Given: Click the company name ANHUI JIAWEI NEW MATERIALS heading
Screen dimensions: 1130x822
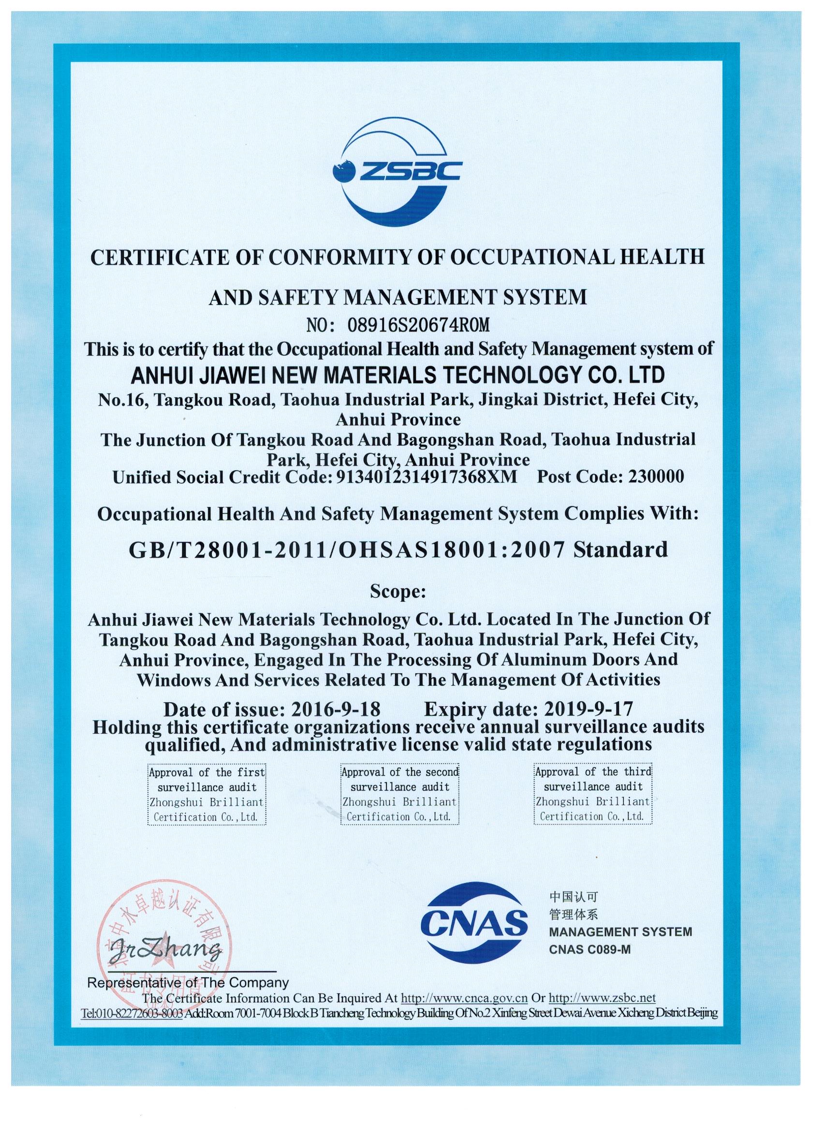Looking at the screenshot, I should [397, 375].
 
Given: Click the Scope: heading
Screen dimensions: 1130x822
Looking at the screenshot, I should [397, 593].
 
